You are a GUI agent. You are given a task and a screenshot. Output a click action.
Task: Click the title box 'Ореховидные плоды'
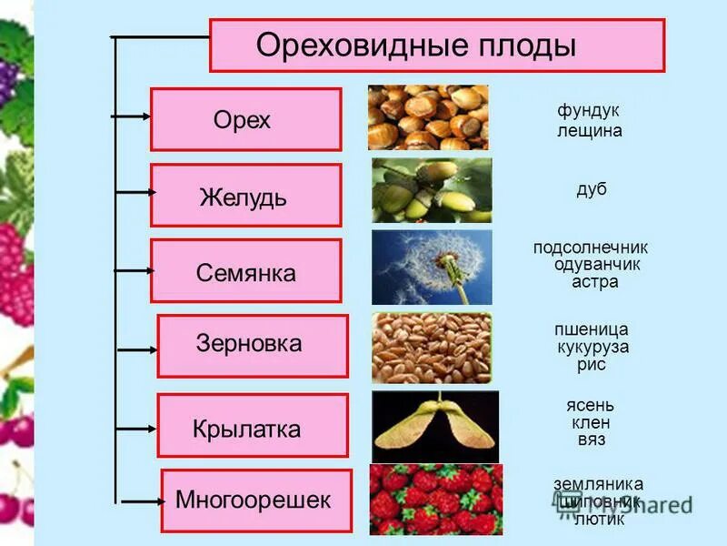click(x=436, y=45)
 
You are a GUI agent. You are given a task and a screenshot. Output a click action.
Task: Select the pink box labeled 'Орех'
click(x=245, y=119)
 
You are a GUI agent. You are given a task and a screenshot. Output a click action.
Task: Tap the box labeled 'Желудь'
click(x=245, y=195)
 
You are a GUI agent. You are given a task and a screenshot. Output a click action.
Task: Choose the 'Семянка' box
click(x=245, y=271)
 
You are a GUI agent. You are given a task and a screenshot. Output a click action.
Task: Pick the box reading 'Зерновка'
click(x=252, y=345)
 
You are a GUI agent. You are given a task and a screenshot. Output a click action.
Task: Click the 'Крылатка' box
click(x=252, y=425)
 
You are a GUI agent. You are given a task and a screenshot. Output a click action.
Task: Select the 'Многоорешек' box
click(x=255, y=500)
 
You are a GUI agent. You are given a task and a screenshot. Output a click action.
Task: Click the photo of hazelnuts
click(x=428, y=117)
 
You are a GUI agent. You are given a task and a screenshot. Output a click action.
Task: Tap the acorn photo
click(x=432, y=190)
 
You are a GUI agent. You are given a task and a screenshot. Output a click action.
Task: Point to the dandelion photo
click(x=432, y=267)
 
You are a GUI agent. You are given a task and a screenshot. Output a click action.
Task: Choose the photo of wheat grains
click(x=432, y=347)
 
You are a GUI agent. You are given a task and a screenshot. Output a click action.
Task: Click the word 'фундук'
click(x=588, y=110)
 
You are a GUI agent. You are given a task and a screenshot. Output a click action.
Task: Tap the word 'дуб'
click(x=591, y=189)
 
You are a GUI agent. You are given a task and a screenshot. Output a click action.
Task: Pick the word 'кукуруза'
click(x=593, y=347)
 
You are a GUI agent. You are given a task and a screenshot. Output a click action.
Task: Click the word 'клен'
click(x=591, y=422)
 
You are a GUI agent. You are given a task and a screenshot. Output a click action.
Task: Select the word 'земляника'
click(x=598, y=484)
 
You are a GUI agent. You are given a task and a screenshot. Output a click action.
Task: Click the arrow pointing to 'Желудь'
click(x=134, y=192)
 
